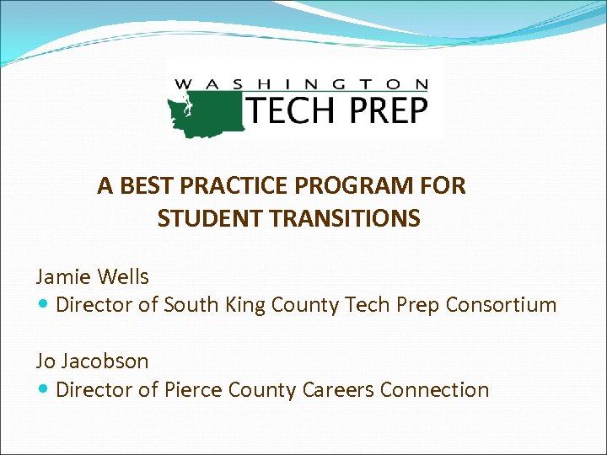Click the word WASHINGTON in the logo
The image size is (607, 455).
click(x=301, y=84)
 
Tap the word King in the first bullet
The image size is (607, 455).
click(x=244, y=305)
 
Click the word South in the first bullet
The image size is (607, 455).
click(x=191, y=305)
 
